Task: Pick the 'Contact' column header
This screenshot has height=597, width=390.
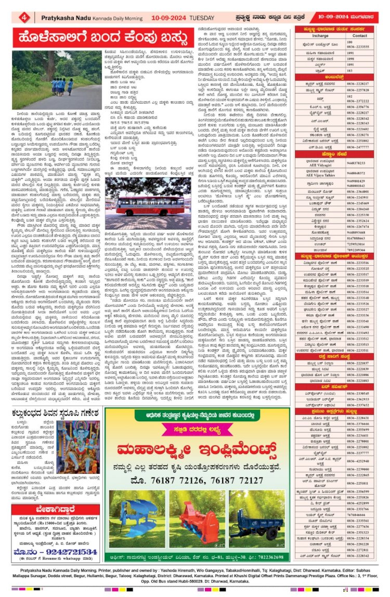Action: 359,36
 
